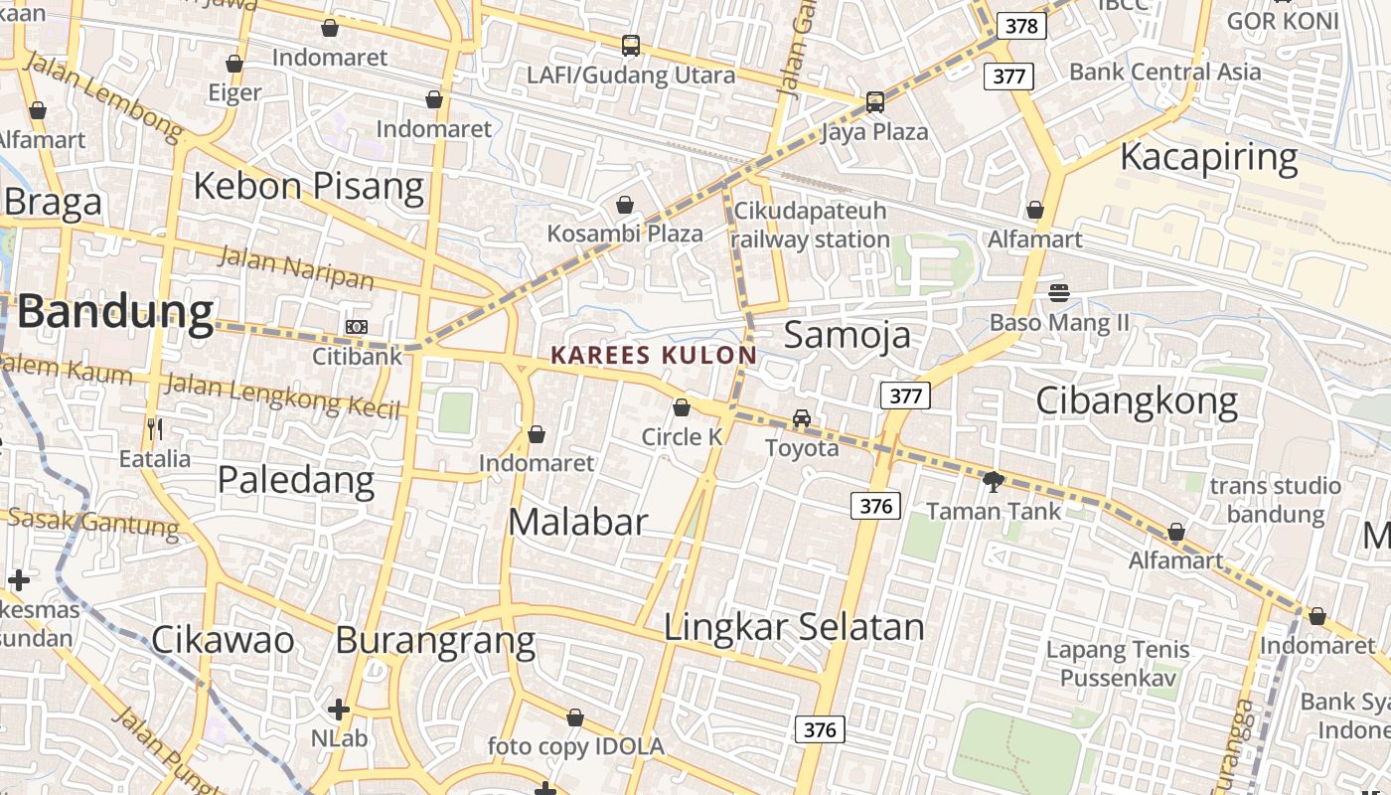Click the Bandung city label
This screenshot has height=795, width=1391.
click(115, 312)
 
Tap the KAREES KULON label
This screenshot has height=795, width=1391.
click(654, 355)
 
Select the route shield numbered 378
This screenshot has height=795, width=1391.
click(1021, 26)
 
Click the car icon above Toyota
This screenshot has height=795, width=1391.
click(802, 418)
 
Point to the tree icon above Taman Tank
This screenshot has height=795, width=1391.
click(992, 482)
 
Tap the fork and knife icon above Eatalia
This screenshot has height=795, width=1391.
click(154, 429)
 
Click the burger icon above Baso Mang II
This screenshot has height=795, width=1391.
click(1059, 293)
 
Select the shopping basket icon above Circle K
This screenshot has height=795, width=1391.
click(682, 407)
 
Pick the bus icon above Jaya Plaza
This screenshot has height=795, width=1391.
click(874, 101)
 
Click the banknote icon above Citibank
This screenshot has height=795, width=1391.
click(357, 327)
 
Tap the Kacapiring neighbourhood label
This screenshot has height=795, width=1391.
click(1209, 157)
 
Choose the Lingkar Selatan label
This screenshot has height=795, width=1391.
click(794, 627)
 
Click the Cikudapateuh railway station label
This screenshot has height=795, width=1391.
click(810, 226)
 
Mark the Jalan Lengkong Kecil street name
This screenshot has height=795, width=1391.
click(282, 395)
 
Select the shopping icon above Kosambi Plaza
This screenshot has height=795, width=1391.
click(625, 205)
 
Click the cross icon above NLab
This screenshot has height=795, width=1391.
click(339, 710)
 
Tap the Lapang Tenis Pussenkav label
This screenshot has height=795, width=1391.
click(1118, 664)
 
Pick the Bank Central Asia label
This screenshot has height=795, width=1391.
click(1165, 72)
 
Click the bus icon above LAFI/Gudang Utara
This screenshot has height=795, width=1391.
click(631, 45)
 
